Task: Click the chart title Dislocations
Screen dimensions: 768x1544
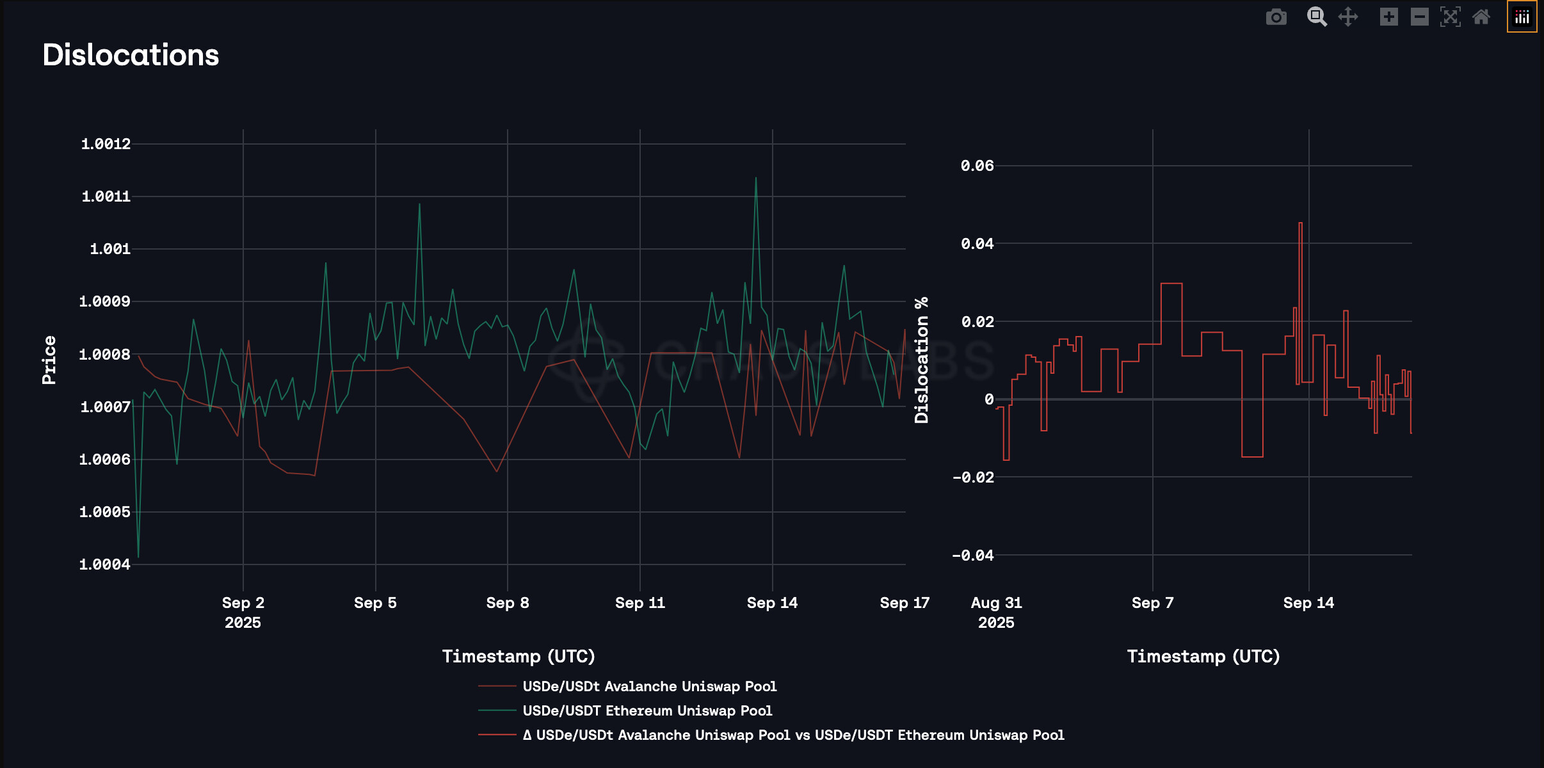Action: tap(131, 55)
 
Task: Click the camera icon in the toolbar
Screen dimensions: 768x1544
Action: tap(1276, 17)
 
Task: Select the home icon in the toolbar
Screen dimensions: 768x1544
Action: tap(1481, 17)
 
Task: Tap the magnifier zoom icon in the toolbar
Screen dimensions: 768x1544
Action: tap(1316, 17)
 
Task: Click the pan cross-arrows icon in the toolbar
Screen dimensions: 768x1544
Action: tap(1348, 17)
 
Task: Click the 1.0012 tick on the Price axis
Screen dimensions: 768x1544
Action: tap(106, 144)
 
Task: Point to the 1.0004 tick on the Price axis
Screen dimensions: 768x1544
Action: tap(104, 564)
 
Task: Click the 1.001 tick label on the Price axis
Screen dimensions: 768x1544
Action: tap(110, 249)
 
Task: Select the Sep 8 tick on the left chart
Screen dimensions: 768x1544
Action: tap(508, 603)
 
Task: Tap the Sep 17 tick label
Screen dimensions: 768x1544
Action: tap(905, 603)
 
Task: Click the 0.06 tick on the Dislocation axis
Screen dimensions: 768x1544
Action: tap(977, 166)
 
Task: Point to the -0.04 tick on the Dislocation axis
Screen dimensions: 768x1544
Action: tap(973, 556)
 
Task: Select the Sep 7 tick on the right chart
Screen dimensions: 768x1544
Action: tap(1152, 603)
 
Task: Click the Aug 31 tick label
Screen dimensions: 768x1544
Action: tap(996, 603)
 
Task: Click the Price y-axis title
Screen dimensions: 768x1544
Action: tap(49, 360)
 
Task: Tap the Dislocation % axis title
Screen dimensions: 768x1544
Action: tap(922, 360)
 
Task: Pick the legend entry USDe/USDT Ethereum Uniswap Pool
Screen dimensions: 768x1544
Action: tap(647, 710)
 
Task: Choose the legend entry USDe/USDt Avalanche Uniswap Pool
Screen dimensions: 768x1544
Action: tap(649, 686)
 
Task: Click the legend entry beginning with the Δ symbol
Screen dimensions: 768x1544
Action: tap(793, 735)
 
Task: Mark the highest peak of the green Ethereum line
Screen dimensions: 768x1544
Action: tap(756, 178)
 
